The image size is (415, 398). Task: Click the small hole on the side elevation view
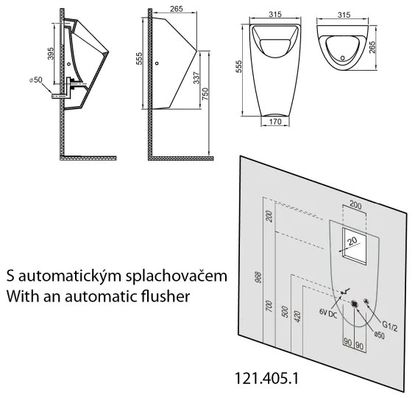click(157, 63)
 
